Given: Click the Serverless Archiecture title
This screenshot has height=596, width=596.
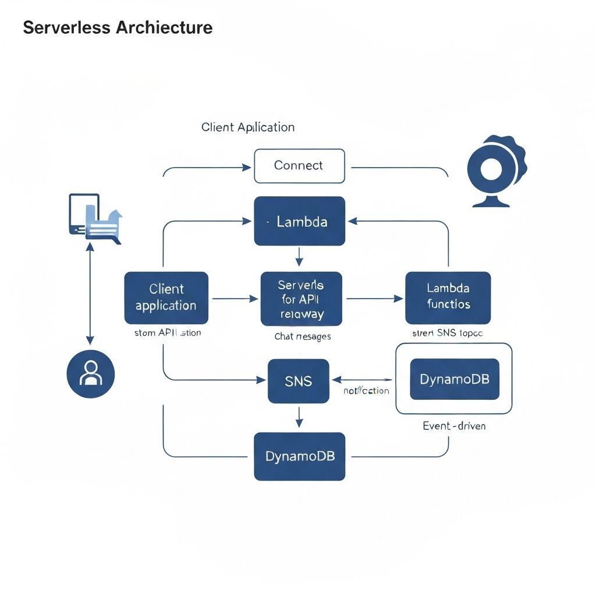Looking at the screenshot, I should click(x=118, y=27).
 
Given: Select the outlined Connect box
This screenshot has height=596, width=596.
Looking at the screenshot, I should click(x=299, y=166).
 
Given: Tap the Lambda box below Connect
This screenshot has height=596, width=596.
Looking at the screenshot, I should click(x=300, y=221).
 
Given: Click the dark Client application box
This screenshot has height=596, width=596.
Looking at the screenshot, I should click(x=166, y=297).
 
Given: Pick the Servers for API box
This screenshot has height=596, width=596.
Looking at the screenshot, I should click(x=301, y=299).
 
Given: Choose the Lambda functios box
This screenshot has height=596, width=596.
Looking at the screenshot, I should click(x=448, y=297).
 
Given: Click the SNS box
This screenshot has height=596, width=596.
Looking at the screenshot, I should click(x=299, y=381).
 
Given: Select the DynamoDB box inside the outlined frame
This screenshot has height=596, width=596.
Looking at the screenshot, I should click(x=455, y=379).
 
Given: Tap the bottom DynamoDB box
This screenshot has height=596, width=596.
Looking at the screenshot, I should click(x=300, y=456).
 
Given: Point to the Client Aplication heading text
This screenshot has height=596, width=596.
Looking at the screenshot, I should click(x=248, y=127).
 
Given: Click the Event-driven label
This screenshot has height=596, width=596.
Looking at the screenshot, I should click(x=454, y=426).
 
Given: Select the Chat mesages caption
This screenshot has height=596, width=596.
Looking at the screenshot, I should click(x=303, y=337).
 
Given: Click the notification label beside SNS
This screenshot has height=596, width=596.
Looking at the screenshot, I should click(x=366, y=391).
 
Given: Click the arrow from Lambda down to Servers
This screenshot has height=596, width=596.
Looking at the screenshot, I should click(x=299, y=256).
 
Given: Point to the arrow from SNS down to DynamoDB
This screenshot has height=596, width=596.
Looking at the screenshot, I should click(x=299, y=417).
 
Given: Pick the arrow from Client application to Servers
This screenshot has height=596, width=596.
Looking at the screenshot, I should click(x=234, y=299).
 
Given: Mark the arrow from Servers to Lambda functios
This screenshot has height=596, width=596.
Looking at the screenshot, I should click(x=374, y=299).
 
